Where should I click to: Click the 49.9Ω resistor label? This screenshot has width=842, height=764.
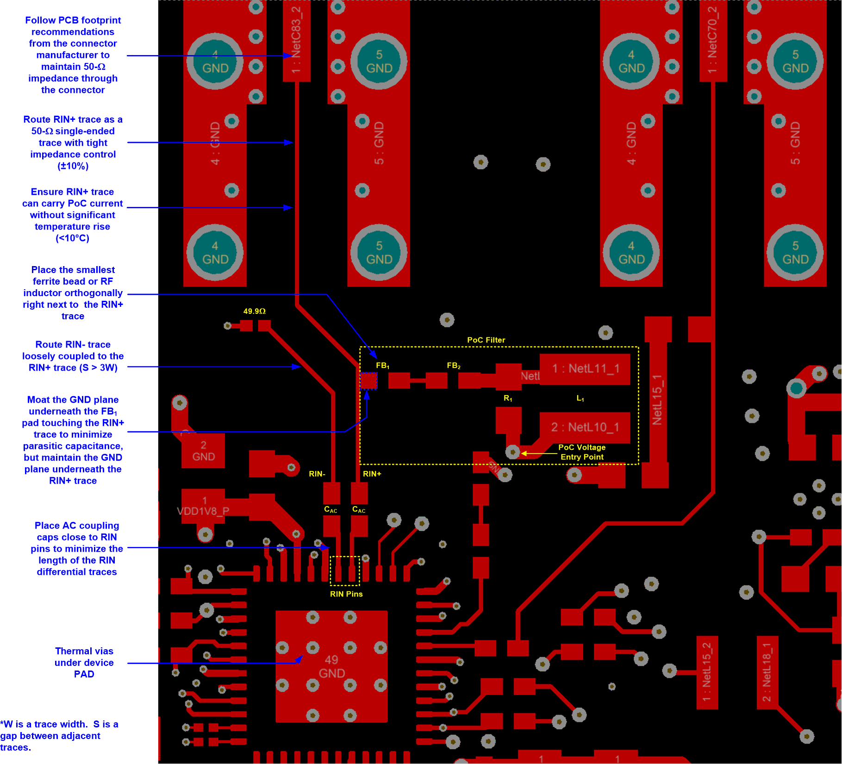coord(254,311)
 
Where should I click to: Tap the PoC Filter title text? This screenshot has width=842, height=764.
coord(486,340)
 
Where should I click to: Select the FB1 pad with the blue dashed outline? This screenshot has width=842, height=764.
coord(369,381)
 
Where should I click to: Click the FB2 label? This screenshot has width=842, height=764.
coord(453,366)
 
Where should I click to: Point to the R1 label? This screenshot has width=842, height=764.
coord(508,398)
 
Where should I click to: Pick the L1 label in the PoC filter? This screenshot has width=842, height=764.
coord(580,398)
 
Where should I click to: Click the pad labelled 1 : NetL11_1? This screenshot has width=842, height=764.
coord(585,369)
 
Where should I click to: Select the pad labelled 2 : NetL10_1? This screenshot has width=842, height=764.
coord(585,427)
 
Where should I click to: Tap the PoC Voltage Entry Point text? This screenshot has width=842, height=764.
coord(582,452)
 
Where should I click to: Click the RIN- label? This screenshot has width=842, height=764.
coord(317,474)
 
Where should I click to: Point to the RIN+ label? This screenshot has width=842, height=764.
coord(372,474)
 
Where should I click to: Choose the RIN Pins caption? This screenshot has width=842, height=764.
coord(346,594)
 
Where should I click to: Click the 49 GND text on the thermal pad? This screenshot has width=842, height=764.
coord(331,666)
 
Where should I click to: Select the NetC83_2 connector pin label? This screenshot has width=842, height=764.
coord(296,39)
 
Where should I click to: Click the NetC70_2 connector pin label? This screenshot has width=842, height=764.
coord(712,39)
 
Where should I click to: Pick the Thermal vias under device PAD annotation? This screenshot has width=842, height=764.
coord(84,663)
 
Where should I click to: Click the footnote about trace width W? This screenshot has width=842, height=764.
coord(59,736)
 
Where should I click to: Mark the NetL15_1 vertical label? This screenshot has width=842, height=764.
coord(657,400)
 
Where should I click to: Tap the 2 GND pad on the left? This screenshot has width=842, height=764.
coord(203,451)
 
